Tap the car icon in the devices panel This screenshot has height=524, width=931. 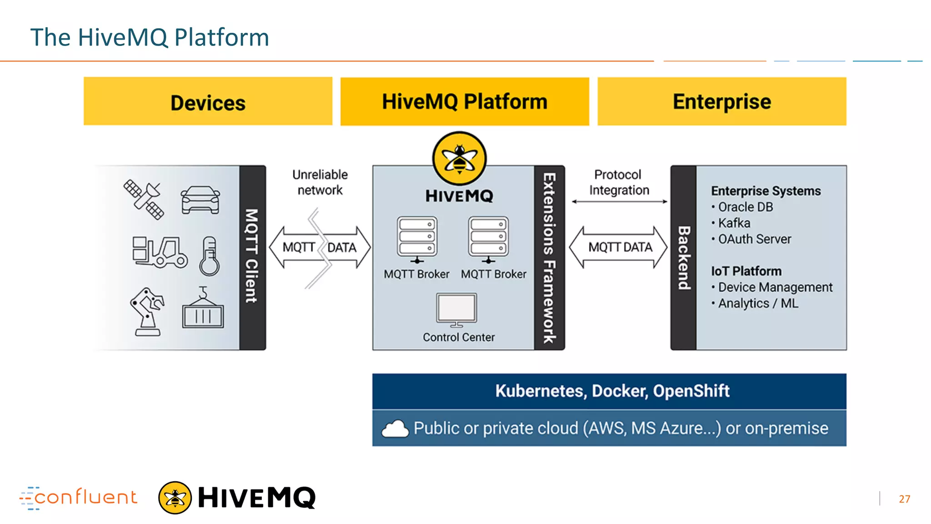click(x=200, y=200)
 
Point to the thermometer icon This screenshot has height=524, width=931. click(x=209, y=256)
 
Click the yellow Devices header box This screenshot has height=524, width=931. click(x=208, y=101)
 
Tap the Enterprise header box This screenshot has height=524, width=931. click(x=721, y=101)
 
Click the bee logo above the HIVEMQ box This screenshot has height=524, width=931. click(x=459, y=158)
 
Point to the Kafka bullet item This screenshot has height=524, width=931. click(x=734, y=223)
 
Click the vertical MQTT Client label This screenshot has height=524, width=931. click(x=252, y=257)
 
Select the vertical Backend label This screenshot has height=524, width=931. click(x=684, y=257)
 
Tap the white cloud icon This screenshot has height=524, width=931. click(x=395, y=429)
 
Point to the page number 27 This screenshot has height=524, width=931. click(x=904, y=499)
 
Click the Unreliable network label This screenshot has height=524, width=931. click(x=320, y=182)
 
